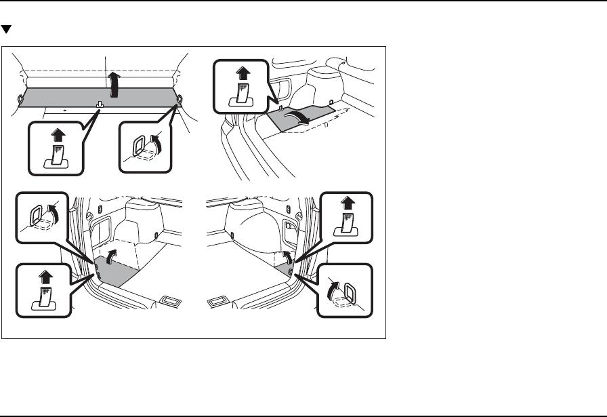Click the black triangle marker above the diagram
(x=6, y=31)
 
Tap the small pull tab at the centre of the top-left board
(x=100, y=104)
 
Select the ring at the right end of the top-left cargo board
(x=179, y=99)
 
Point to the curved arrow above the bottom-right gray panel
(x=287, y=256)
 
